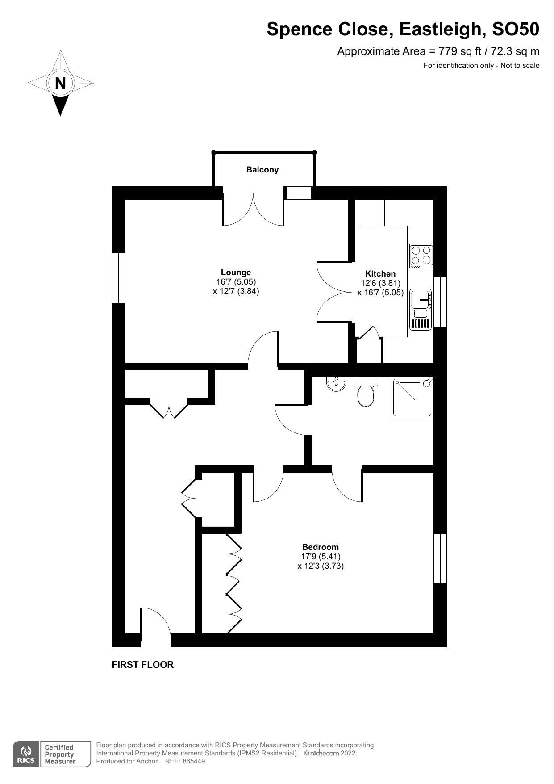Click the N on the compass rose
click(60, 83)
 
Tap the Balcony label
click(262, 170)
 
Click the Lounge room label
click(236, 273)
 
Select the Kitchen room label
click(380, 274)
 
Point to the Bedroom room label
click(321, 547)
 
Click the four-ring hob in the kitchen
click(421, 256)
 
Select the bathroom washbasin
click(336, 384)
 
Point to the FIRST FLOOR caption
click(142, 665)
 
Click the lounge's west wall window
click(118, 278)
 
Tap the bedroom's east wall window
click(440, 558)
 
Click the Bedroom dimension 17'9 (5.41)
click(321, 557)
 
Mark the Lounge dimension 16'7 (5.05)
click(236, 282)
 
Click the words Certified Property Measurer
click(59, 755)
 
